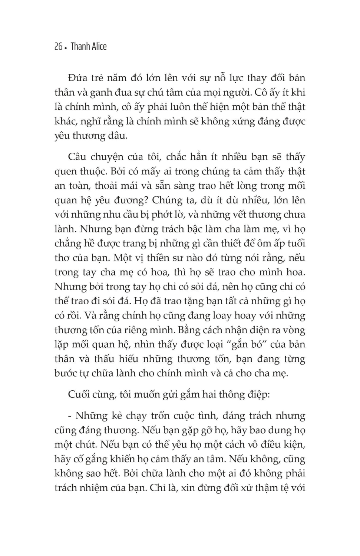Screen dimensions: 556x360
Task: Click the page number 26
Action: tap(58, 47)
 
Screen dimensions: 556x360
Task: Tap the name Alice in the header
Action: tap(98, 47)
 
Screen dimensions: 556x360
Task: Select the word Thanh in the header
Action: tap(78, 47)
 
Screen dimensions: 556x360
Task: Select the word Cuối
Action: tap(79, 395)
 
